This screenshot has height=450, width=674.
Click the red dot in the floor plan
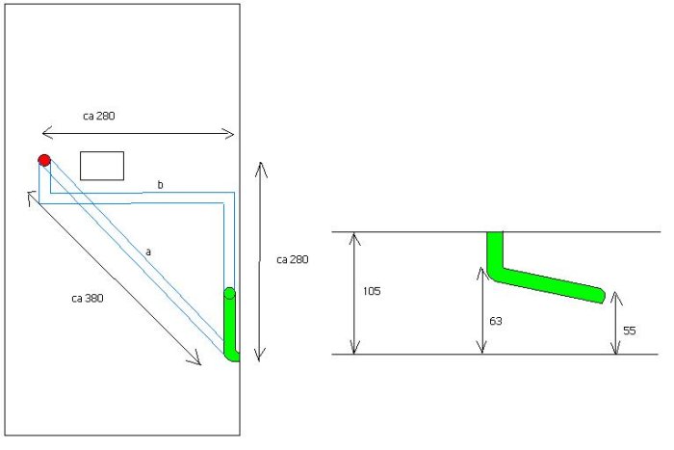[44, 161]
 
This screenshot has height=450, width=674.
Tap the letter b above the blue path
[161, 185]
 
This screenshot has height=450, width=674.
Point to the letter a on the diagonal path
[148, 251]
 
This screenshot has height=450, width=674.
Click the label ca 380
[88, 298]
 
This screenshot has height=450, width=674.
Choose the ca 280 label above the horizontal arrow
[99, 116]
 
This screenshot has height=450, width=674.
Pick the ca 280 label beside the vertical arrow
[293, 259]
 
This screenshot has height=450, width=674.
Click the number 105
[372, 291]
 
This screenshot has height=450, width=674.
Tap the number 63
[496, 321]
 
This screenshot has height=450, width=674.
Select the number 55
[630, 331]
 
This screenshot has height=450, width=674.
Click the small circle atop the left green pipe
[229, 293]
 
